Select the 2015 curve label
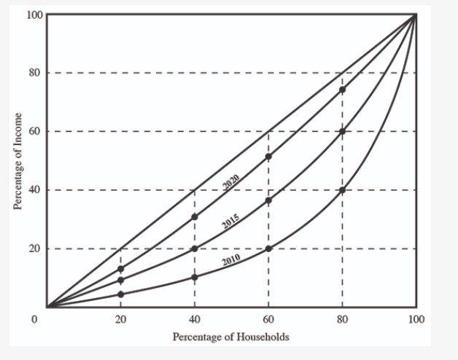point(231,221)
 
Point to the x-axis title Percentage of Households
point(230,337)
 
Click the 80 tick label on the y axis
point(34,73)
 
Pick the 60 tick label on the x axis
point(268,319)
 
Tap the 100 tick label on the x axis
point(416,319)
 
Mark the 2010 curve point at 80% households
point(342,190)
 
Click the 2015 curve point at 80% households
point(342,132)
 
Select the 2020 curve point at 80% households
point(342,90)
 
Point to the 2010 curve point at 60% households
point(268,249)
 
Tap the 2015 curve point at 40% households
point(195,249)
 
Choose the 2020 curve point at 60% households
point(268,157)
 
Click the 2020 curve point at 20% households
point(121,269)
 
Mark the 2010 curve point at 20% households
point(121,294)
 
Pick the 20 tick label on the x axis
point(121,319)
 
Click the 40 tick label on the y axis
point(34,190)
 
